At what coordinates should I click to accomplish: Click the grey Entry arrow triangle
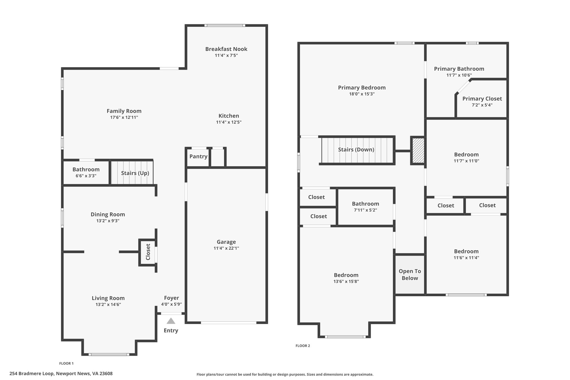click(x=171, y=321)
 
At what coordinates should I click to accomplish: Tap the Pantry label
click(x=198, y=156)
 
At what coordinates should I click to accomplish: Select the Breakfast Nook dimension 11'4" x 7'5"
click(x=226, y=55)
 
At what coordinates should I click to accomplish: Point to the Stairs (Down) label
click(x=356, y=149)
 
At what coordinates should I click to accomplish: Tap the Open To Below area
click(x=410, y=274)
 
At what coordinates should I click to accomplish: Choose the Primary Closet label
click(x=482, y=99)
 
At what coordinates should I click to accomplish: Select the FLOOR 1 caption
click(x=66, y=363)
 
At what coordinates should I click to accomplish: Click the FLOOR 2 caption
click(x=303, y=346)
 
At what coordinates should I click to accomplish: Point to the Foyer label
click(x=171, y=298)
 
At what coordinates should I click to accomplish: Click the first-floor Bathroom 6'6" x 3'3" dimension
click(x=86, y=176)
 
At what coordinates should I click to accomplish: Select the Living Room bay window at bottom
click(x=109, y=354)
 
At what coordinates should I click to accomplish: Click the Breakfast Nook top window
click(x=225, y=25)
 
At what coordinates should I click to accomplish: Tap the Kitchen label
click(x=229, y=116)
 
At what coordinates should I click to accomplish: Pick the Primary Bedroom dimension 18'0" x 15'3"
click(x=362, y=94)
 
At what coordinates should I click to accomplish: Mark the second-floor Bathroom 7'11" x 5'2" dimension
click(x=365, y=210)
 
